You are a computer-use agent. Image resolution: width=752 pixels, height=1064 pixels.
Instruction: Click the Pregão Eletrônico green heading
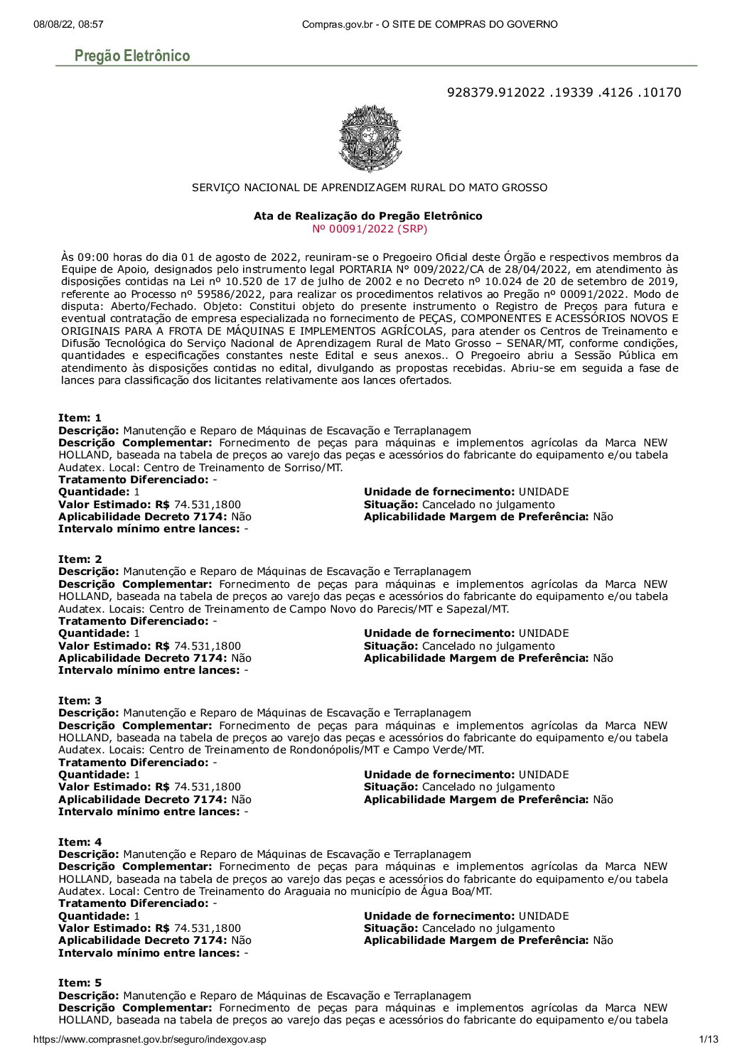click(132, 56)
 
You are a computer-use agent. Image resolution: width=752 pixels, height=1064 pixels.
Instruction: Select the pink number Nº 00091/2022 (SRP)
click(370, 229)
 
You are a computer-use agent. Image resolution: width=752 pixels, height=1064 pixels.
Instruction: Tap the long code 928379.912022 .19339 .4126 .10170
click(564, 92)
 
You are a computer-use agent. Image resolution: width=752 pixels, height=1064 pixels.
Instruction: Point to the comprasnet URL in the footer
click(150, 1040)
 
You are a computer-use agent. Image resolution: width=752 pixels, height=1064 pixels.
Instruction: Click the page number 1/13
click(709, 1040)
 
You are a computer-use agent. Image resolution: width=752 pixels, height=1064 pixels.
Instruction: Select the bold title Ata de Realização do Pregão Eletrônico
click(367, 216)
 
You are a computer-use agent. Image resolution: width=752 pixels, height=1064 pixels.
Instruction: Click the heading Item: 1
click(80, 418)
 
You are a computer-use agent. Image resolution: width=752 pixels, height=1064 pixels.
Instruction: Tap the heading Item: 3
click(80, 701)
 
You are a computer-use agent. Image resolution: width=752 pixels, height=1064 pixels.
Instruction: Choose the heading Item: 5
click(80, 983)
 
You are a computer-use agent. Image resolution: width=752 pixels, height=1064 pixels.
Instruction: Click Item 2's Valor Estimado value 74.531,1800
click(207, 646)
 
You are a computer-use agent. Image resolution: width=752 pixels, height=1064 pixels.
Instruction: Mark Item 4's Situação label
click(391, 928)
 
